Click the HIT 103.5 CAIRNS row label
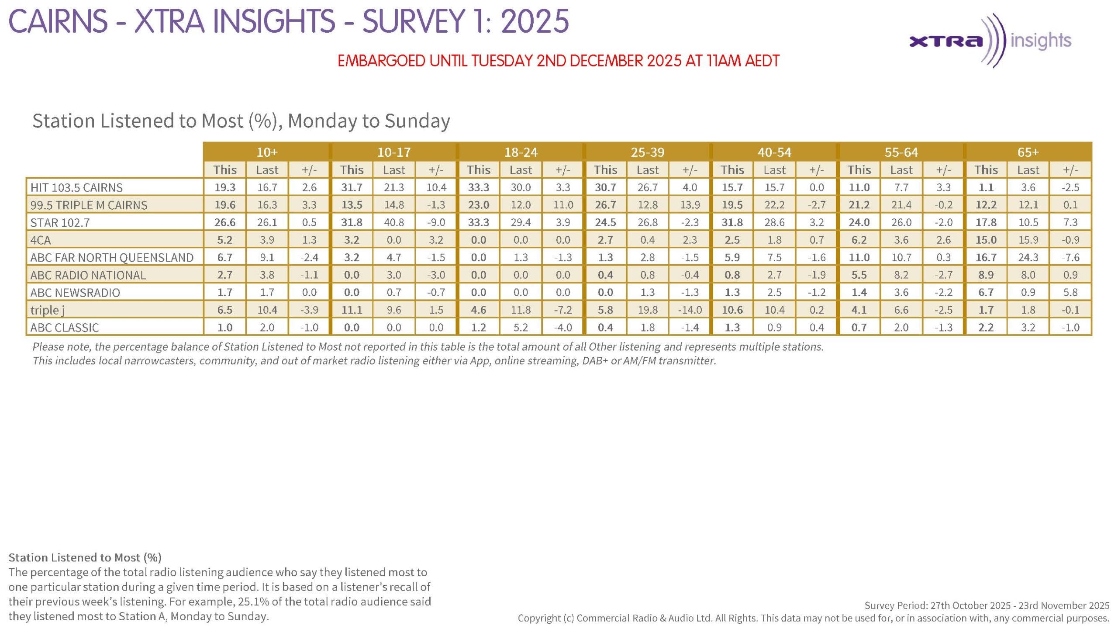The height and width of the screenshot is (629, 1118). point(76,187)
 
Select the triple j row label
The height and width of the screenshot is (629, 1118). point(47,310)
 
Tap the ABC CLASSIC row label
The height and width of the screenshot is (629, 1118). point(65,328)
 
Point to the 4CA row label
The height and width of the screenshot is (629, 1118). point(41,240)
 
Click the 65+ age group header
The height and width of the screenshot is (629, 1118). point(1028,152)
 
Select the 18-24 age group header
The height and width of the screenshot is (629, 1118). point(521,152)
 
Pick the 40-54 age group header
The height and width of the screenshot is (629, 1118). point(774,152)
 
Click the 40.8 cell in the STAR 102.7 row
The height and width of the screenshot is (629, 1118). point(394,222)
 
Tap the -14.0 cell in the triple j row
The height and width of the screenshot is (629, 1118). point(690,310)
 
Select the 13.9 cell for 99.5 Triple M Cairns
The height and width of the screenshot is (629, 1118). point(690,205)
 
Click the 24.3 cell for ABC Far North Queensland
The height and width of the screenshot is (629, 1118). point(1028,257)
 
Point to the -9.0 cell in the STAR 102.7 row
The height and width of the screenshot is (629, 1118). point(436,222)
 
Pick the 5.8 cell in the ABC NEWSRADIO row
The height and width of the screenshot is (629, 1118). point(1070,292)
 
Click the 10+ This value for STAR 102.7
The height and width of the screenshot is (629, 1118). point(225,222)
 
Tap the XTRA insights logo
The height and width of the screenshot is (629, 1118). point(990,41)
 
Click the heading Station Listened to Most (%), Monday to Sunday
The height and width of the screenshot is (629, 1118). point(241,121)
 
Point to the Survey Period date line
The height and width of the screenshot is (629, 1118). point(987,605)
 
